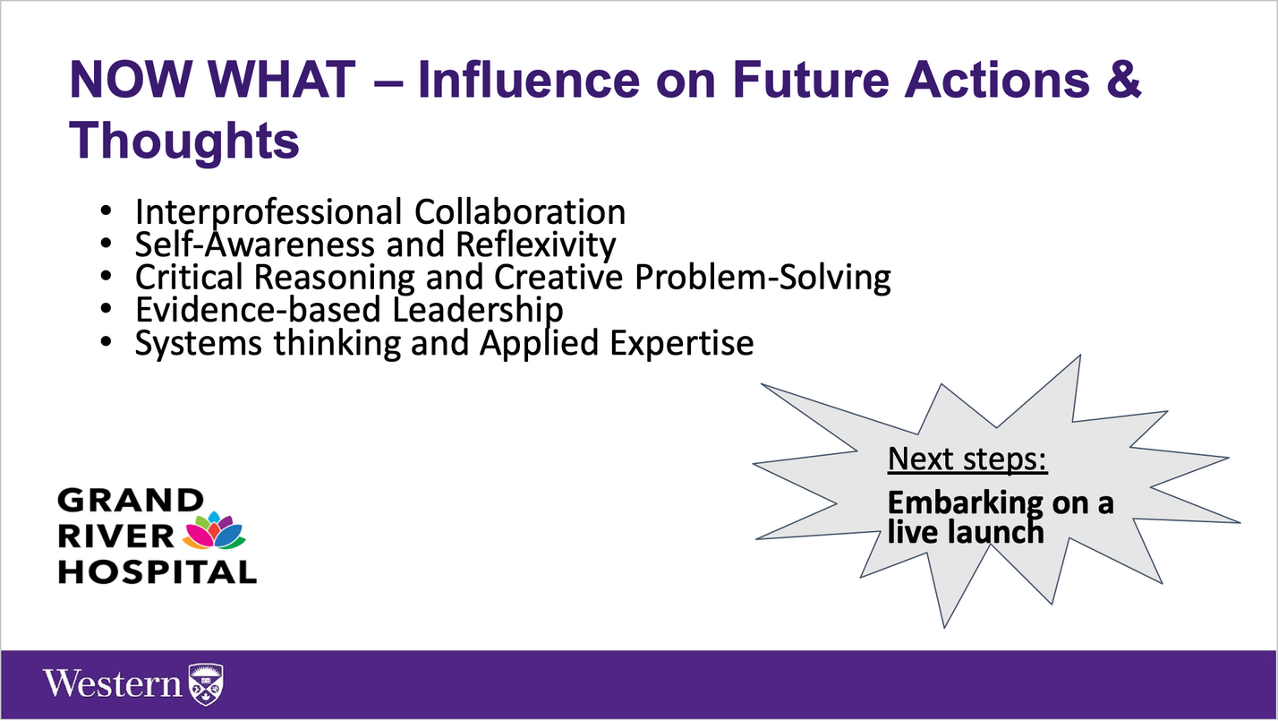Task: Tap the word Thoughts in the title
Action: [184, 141]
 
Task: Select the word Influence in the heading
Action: [529, 79]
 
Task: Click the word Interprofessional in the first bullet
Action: [268, 212]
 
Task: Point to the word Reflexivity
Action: [536, 245]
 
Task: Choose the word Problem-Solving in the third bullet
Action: [763, 278]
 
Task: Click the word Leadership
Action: [478, 311]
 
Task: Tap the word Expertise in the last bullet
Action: [682, 344]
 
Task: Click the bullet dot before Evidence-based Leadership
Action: [106, 309]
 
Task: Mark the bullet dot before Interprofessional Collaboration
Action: [106, 211]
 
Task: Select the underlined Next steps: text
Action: [967, 459]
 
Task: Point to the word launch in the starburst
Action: [994, 532]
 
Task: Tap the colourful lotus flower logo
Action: [214, 530]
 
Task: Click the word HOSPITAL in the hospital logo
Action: [158, 572]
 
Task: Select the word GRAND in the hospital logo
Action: [131, 500]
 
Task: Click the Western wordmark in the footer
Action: [113, 683]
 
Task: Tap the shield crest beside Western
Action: [206, 684]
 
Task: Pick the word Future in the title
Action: [811, 79]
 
